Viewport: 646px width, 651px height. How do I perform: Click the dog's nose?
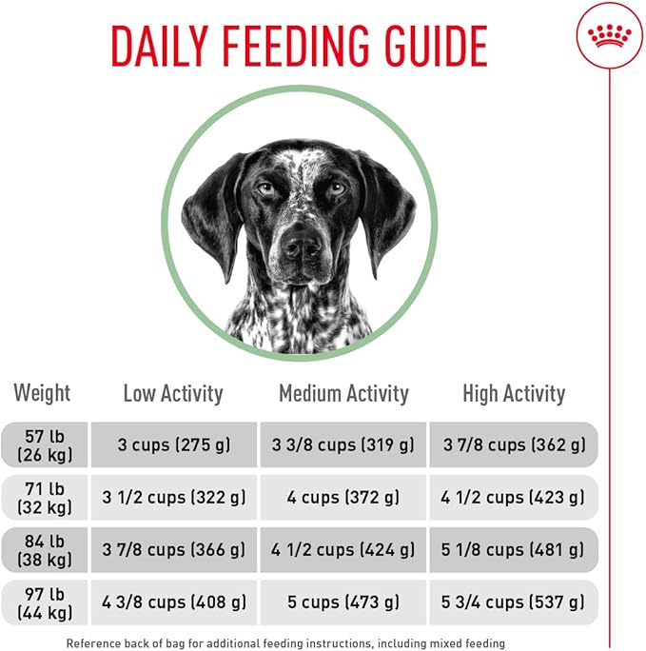tap(303, 247)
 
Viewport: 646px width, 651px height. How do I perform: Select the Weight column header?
tap(42, 392)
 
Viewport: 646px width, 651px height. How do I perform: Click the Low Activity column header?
tap(173, 393)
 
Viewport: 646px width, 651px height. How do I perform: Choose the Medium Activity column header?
tap(343, 393)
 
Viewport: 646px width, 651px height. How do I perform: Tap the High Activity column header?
tap(514, 393)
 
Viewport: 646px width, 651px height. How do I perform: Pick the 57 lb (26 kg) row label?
tap(43, 444)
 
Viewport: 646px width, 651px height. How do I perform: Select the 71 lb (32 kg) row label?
tap(43, 497)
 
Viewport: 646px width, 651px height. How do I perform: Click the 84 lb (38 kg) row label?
tap(43, 549)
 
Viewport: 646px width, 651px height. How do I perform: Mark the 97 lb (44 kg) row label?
tap(43, 602)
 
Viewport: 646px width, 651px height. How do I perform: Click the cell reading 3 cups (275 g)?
tap(173, 444)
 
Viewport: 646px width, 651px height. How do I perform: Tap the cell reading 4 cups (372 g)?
tap(343, 497)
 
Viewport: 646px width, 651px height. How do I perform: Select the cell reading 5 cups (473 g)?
tap(343, 602)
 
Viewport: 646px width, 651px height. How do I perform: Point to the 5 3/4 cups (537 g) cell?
tap(514, 602)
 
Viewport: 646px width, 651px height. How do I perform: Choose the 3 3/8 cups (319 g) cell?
tap(343, 444)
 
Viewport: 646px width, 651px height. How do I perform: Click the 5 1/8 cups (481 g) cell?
tap(514, 549)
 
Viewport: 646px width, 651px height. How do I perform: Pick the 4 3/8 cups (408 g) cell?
tap(173, 602)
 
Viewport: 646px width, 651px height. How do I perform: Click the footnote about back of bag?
tap(285, 643)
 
